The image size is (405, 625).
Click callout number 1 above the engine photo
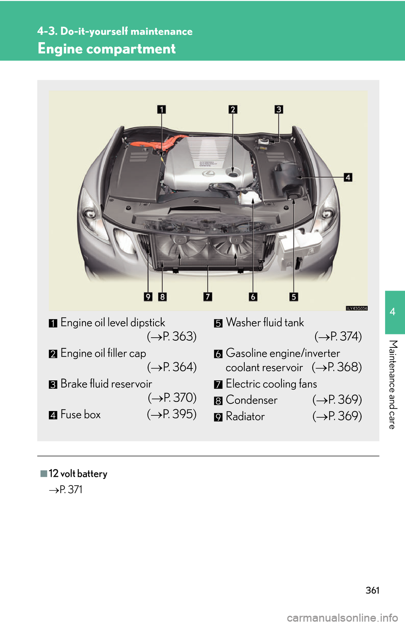(x=162, y=110)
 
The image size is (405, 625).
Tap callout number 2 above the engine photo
(x=233, y=110)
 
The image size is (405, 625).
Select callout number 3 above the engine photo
(x=279, y=110)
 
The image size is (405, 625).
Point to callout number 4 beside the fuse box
(x=348, y=177)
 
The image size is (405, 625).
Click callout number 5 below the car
(x=294, y=296)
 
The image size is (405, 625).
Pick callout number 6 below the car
(x=253, y=296)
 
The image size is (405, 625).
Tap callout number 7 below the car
(x=208, y=296)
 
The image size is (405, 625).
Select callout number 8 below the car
(x=162, y=296)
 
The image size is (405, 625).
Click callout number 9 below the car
(x=148, y=296)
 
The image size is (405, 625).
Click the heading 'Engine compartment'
(x=107, y=49)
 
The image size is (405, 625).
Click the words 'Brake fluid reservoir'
(x=106, y=384)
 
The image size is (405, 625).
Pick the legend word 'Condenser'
(x=252, y=400)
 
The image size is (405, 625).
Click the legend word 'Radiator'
(x=246, y=417)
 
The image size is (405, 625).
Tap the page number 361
(x=373, y=590)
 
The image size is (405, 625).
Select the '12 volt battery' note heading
(x=78, y=474)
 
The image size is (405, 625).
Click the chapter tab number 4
(x=393, y=312)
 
